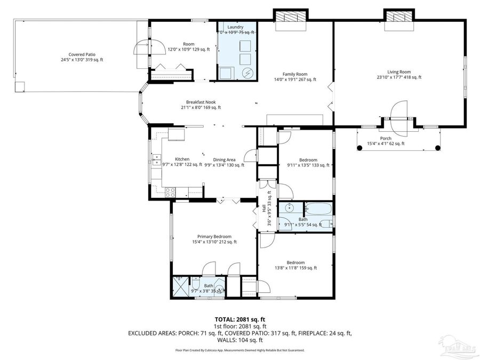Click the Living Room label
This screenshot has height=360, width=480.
[x=398, y=71]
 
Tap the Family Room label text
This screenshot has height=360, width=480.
[x=294, y=74]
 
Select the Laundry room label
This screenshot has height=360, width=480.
[x=235, y=27]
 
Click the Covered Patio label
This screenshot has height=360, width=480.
[x=82, y=54]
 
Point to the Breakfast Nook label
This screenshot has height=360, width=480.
[x=201, y=102]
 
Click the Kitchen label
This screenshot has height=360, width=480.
[x=182, y=159]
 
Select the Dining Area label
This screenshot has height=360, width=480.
[x=225, y=159]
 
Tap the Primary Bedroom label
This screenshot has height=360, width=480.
[x=214, y=236]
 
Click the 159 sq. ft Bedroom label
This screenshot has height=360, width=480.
[x=295, y=262]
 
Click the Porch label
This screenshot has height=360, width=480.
[x=386, y=138]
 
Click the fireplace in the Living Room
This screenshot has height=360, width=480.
[x=399, y=17]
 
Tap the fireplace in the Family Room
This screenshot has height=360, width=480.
[x=291, y=17]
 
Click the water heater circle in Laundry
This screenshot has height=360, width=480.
[x=247, y=72]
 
